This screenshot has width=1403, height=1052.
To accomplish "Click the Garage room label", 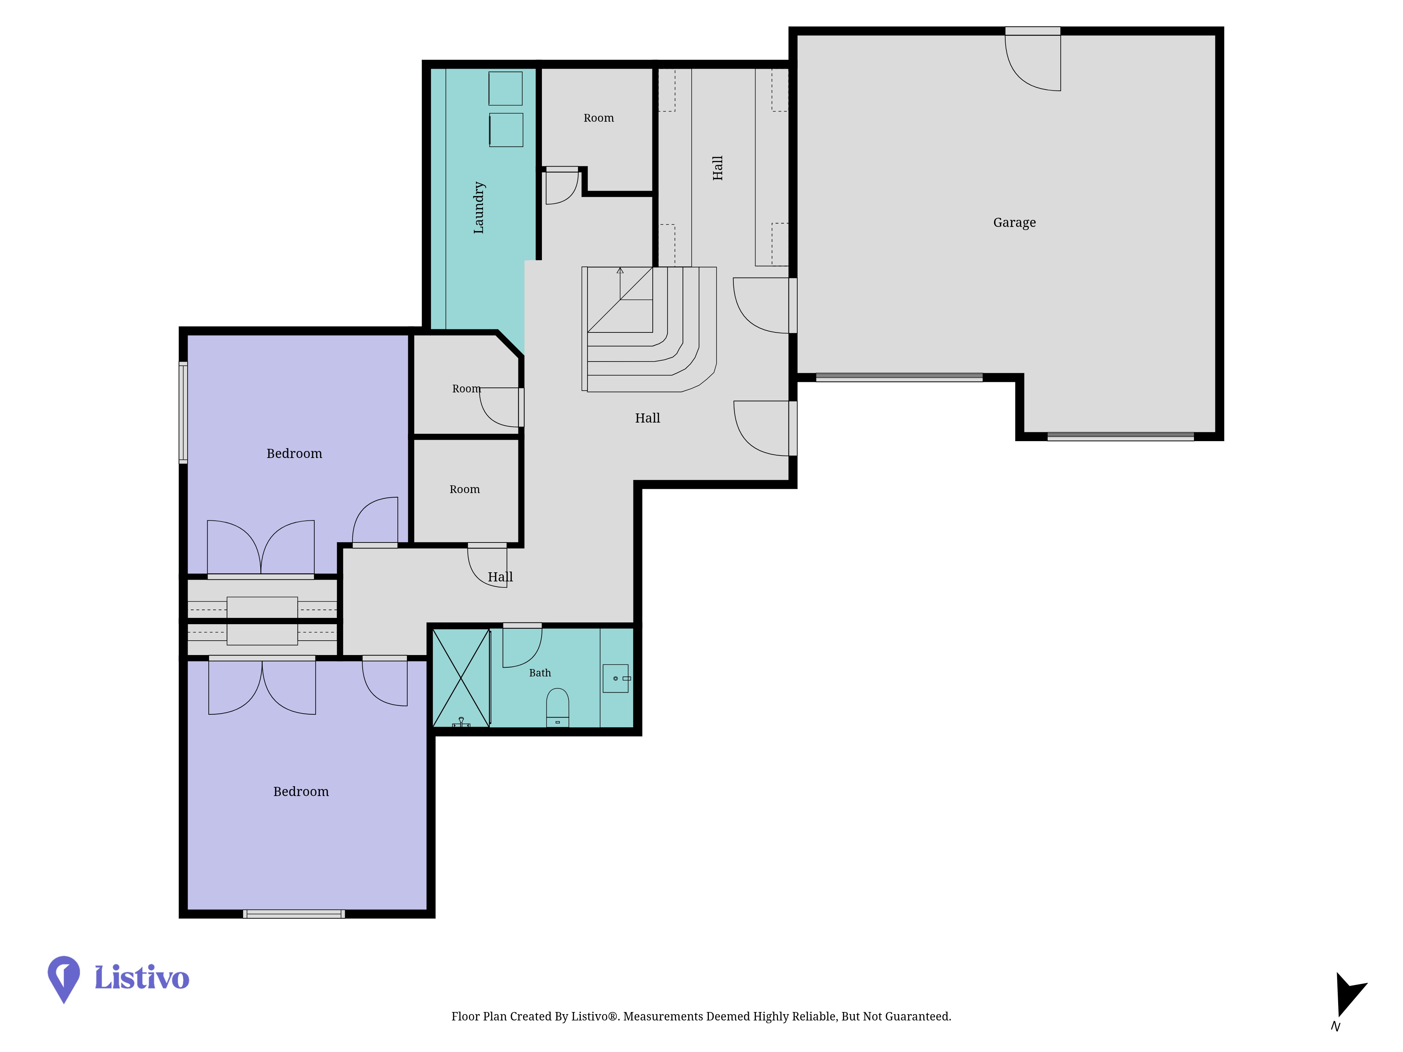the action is (1014, 223).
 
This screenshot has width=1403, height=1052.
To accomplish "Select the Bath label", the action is (540, 673).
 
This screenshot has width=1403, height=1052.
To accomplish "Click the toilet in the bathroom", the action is (558, 707).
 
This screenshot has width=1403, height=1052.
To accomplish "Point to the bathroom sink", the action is (615, 679).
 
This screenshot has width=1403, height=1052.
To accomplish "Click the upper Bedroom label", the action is (294, 453).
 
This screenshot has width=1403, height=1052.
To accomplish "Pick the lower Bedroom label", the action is (301, 791).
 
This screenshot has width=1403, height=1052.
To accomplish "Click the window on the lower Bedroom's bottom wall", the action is (294, 914).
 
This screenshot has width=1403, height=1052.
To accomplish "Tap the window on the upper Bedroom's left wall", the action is (183, 412).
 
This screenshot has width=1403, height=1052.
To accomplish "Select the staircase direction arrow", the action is (620, 283).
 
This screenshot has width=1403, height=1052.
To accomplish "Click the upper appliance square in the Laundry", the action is (505, 88).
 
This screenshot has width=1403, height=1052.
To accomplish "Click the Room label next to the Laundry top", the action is (599, 118).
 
